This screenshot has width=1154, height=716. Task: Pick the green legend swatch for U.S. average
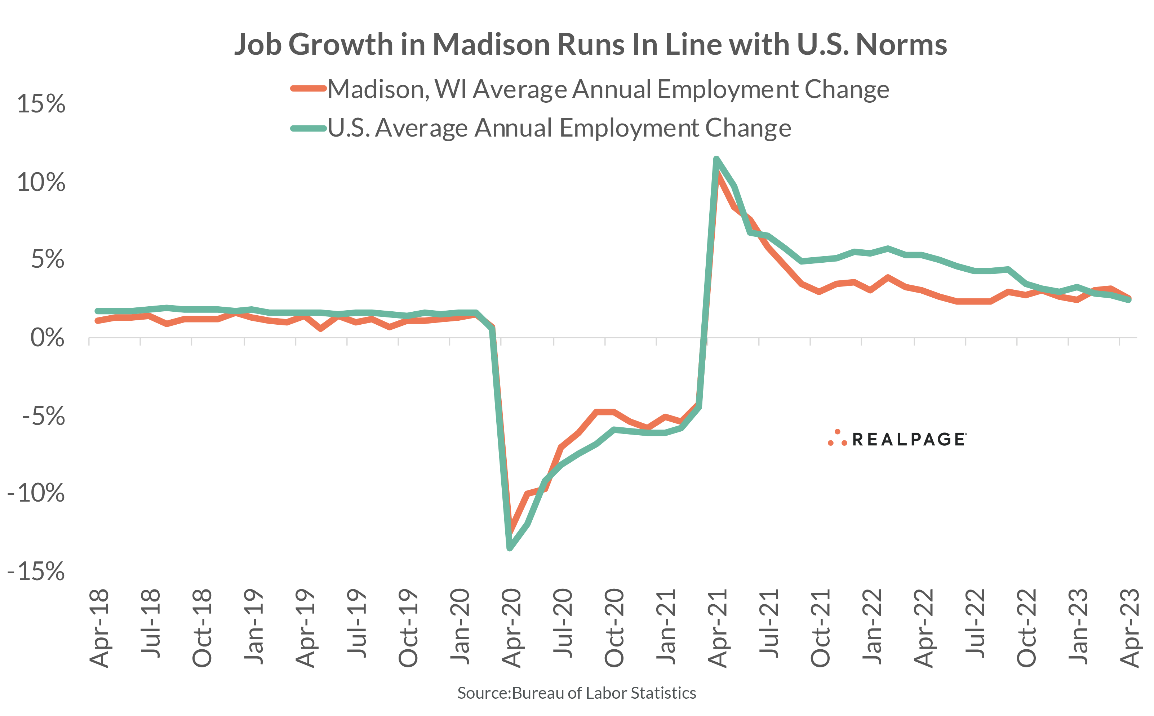point(308,128)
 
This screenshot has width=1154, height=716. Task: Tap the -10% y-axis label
point(36,493)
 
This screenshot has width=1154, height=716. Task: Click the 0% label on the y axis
point(47,338)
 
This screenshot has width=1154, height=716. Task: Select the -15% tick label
point(36,571)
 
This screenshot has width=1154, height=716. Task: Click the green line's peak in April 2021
point(716,159)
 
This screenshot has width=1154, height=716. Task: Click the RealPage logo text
point(908,440)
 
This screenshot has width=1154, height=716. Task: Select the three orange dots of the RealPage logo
point(837,439)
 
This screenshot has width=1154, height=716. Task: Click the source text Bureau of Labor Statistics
point(604,693)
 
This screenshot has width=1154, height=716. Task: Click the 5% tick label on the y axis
point(47,259)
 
